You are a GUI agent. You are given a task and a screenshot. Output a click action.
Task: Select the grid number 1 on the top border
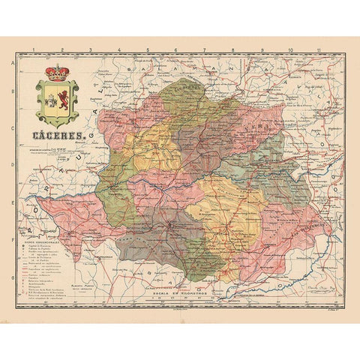click(x=34, y=51)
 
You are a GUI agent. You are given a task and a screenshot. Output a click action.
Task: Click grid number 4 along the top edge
click(x=118, y=51)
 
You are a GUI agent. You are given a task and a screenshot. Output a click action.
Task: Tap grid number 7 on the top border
click(x=204, y=51)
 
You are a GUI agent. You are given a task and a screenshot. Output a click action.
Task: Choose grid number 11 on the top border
click(x=318, y=51)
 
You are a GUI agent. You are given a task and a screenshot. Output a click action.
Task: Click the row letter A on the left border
click(x=10, y=65)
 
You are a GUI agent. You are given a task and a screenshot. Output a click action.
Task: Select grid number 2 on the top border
click(x=63, y=51)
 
